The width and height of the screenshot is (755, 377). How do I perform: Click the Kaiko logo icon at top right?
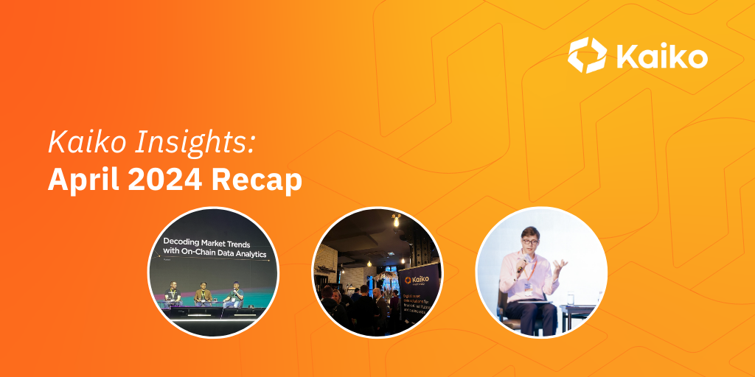point(587,56)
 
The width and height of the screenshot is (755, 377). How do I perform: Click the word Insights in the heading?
point(197,142)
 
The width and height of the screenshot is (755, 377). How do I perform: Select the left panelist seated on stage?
point(173,292)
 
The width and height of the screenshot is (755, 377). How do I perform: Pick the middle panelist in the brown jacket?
point(203,292)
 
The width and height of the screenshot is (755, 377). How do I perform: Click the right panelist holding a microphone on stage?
point(234,292)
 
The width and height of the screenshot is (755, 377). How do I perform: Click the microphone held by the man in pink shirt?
point(521,268)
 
